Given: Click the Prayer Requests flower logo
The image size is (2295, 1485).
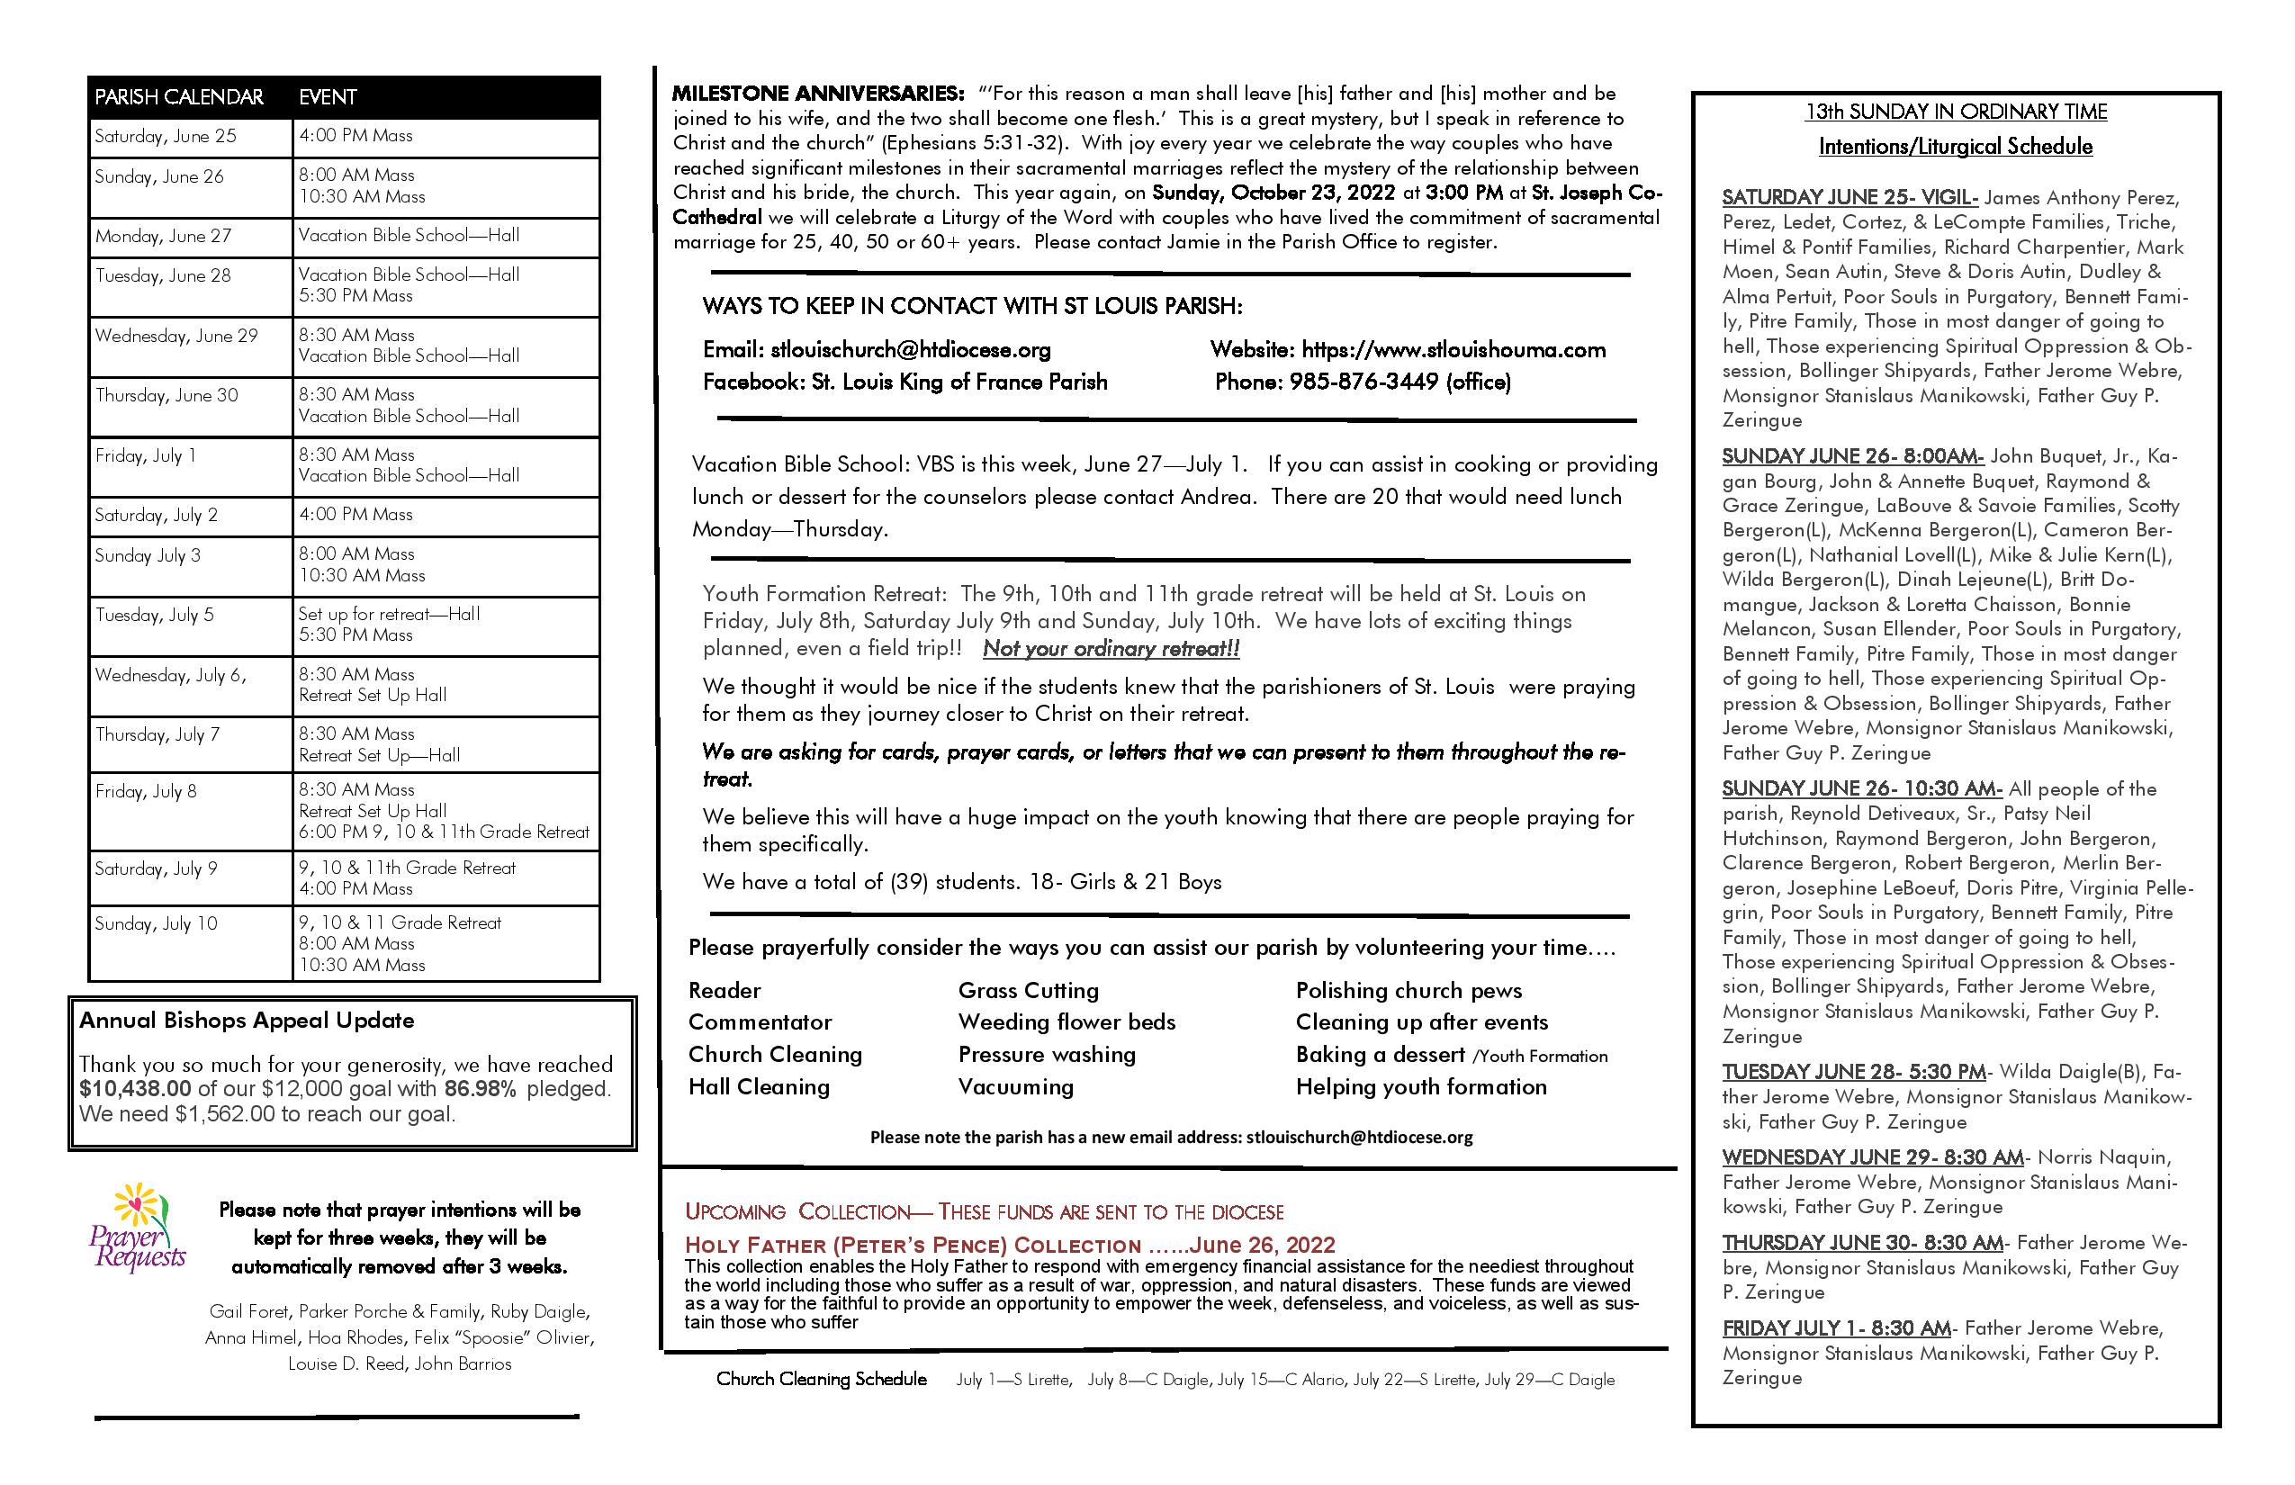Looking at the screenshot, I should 138,1227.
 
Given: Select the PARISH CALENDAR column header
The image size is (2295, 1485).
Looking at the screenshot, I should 179,97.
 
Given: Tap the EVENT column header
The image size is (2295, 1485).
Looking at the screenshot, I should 328,97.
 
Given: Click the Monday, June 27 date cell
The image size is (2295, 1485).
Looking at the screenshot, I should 163,236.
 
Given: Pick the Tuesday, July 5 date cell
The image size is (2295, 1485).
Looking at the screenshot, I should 154,616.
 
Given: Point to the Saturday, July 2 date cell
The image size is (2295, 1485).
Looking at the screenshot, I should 157,515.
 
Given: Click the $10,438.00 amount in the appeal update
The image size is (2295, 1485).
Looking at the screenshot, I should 135,1090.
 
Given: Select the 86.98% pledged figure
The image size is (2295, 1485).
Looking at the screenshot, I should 479,1090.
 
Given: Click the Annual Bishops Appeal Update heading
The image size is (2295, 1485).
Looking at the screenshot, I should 247,1021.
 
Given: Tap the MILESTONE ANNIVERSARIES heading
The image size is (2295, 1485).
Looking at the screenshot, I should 818,94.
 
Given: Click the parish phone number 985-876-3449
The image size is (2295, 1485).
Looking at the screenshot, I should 1363,382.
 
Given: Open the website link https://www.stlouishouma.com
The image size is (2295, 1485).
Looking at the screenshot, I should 1453,350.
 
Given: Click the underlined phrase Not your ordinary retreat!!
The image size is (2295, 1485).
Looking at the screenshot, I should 1111,649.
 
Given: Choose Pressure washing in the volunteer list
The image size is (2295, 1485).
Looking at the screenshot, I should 1046,1055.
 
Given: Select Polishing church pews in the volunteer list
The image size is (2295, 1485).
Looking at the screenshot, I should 1408,990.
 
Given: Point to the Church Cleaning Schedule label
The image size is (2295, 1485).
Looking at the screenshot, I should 822,1379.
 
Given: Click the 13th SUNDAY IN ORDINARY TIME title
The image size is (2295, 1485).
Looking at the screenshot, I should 1956,112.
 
